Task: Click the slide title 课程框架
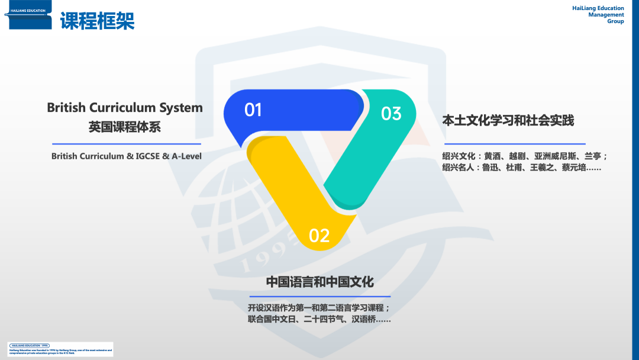[97, 20]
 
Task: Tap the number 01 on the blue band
[253, 110]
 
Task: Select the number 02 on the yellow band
[319, 236]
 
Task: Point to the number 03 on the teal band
[391, 113]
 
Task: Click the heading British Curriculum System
[125, 108]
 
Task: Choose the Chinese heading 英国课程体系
[125, 127]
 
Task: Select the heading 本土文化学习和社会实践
[508, 120]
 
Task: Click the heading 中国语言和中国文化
[319, 282]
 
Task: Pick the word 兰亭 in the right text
[593, 156]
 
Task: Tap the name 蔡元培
[574, 168]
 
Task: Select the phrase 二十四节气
[324, 319]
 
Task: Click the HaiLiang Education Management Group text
[598, 15]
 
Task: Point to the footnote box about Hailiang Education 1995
[60, 349]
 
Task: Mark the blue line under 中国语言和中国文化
[319, 296]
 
